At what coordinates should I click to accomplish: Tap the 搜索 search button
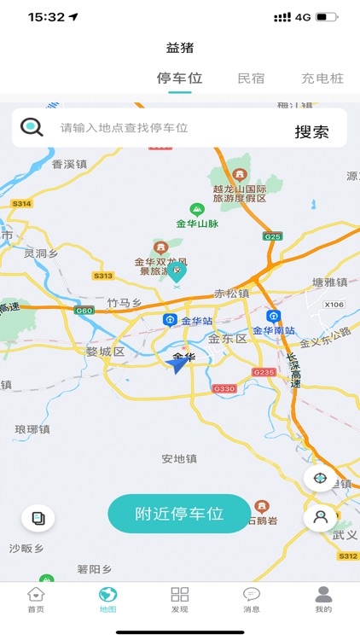coord(311,131)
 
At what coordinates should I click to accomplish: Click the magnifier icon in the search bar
coord(32,128)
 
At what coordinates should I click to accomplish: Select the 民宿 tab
coord(251,79)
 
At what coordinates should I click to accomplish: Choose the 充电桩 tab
coord(322,79)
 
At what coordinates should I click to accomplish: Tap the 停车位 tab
coord(179,79)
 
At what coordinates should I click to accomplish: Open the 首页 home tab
coord(36,599)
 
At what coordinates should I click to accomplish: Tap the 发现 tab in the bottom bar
coord(180,599)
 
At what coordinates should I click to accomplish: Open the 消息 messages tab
coord(252,599)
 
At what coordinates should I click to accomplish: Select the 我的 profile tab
coord(323,599)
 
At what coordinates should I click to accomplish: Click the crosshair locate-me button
coord(320,478)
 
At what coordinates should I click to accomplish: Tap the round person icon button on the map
coord(320,516)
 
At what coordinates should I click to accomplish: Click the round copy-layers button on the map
coord(38,517)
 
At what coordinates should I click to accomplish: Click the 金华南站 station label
coord(274,329)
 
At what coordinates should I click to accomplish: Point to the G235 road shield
coord(264,373)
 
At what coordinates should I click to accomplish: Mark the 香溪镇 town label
coord(70,164)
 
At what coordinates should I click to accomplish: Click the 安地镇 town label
coord(179,459)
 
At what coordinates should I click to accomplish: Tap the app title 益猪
coord(180,48)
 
